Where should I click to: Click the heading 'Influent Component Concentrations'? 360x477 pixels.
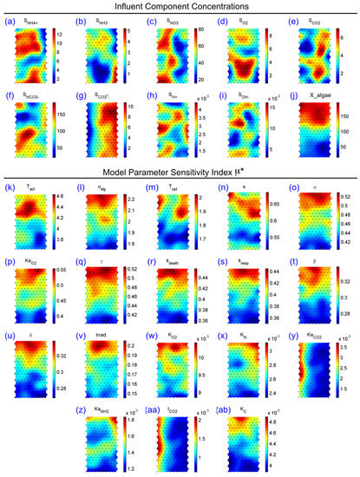(180, 8)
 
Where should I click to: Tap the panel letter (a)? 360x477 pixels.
(10, 21)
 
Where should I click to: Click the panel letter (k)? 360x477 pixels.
(10, 187)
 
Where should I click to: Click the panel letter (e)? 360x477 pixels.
(295, 21)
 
